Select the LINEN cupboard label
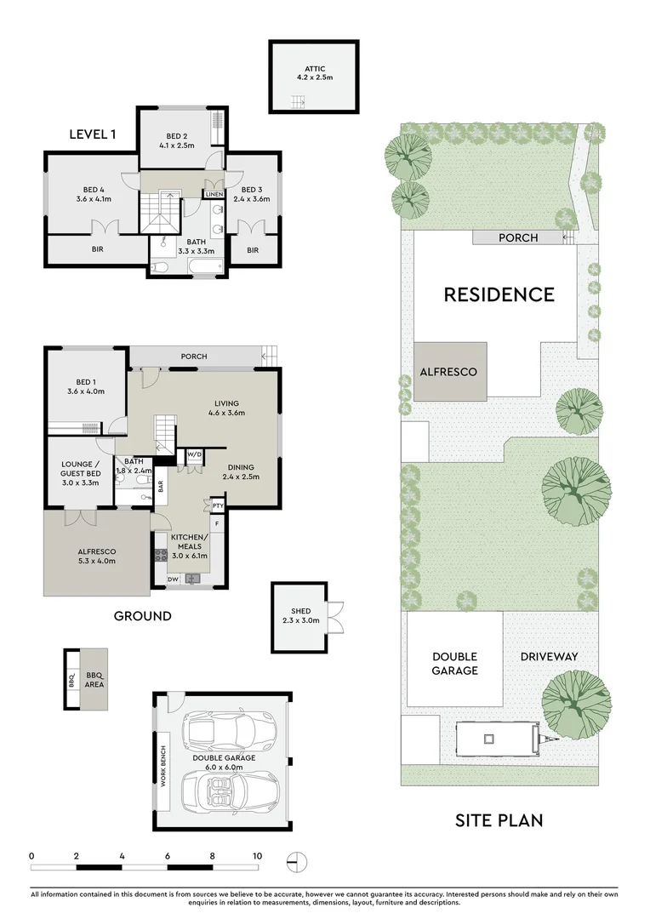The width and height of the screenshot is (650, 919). (214, 195)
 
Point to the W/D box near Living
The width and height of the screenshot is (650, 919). (193, 454)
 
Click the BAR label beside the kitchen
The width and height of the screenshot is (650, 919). (161, 487)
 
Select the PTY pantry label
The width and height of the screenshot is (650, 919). (218, 505)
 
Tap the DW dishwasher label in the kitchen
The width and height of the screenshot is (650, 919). (173, 579)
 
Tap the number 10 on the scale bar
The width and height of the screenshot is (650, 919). (257, 855)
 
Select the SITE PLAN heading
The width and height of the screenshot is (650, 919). (499, 820)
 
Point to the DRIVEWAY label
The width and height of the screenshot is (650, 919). (549, 656)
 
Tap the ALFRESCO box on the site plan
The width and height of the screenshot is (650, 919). (450, 372)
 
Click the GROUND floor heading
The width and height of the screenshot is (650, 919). (143, 615)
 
